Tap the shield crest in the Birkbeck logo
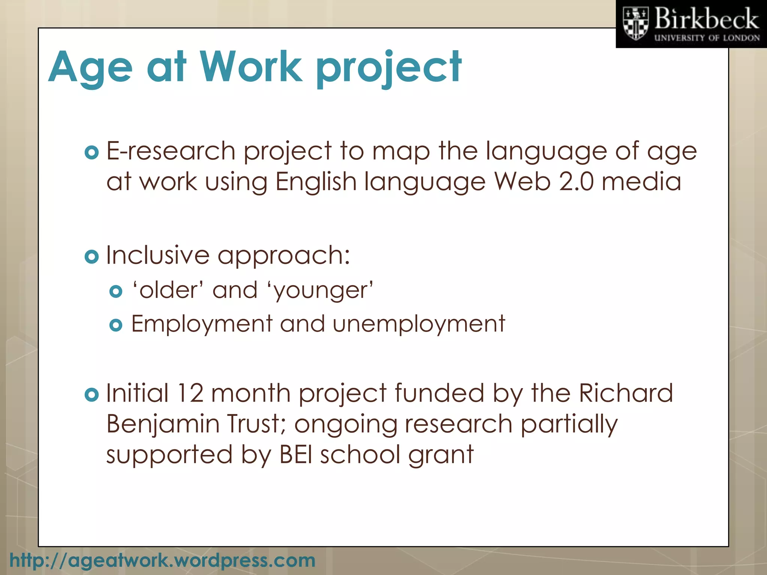tap(635, 24)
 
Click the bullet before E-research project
tap(91, 152)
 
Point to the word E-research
tap(171, 151)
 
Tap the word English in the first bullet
tap(316, 182)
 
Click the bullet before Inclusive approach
tap(91, 256)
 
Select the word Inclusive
tap(158, 255)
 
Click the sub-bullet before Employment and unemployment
tap(116, 325)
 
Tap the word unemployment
tap(419, 324)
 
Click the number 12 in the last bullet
tap(190, 393)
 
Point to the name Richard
tap(626, 393)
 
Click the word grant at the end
tap(441, 455)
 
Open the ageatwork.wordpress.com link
tap(162, 560)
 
